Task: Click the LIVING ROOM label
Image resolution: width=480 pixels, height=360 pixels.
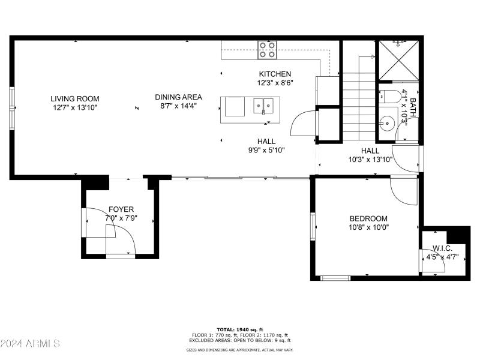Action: [74, 98]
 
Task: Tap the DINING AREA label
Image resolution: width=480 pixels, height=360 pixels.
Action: [178, 97]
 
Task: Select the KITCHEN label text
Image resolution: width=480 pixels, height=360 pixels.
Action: [275, 74]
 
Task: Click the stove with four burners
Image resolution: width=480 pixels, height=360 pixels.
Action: [267, 50]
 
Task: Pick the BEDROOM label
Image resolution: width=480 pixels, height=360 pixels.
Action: [368, 218]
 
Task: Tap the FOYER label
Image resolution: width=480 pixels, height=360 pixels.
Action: [121, 209]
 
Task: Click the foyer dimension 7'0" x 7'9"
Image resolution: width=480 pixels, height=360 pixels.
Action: [121, 218]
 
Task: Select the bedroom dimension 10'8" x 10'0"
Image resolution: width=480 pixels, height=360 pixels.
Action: [368, 227]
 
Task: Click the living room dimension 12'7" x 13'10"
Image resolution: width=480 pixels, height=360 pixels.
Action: [74, 107]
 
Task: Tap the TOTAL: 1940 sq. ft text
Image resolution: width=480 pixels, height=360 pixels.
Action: [240, 330]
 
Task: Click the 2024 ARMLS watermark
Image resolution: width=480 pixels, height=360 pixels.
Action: [30, 344]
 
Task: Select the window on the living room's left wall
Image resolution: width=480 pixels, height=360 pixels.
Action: [11, 108]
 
